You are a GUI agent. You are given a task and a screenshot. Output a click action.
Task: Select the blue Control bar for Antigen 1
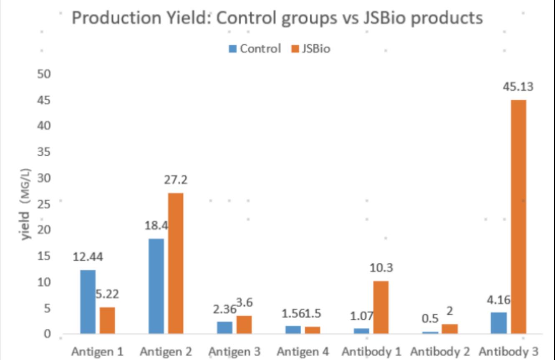click(x=88, y=302)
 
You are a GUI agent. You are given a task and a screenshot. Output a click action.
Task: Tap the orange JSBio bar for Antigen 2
click(x=176, y=263)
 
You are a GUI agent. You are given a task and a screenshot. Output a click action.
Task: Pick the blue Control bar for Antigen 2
click(x=156, y=286)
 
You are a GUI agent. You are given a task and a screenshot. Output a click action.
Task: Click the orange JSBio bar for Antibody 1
click(x=381, y=307)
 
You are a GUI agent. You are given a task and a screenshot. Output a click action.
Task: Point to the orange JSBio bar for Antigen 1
click(x=107, y=320)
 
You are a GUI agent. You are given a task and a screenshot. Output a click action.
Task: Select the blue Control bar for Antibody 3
click(x=499, y=323)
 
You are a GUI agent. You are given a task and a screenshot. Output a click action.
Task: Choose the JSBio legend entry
click(x=311, y=49)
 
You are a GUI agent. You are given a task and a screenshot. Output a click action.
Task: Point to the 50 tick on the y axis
click(x=44, y=74)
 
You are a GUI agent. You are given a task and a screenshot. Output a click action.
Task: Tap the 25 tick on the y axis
click(x=44, y=204)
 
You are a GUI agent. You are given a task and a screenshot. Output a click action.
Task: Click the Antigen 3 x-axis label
click(x=234, y=352)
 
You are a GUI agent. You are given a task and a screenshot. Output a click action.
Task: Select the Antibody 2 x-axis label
click(x=440, y=352)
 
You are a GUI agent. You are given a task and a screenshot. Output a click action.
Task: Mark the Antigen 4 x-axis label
click(x=303, y=352)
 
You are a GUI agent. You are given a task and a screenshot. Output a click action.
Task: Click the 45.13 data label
click(x=518, y=87)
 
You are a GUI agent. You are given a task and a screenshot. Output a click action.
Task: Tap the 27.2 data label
click(x=176, y=180)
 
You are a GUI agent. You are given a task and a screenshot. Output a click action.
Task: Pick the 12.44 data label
click(x=88, y=257)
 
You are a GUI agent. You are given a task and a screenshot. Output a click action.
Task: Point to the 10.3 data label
click(x=381, y=268)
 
